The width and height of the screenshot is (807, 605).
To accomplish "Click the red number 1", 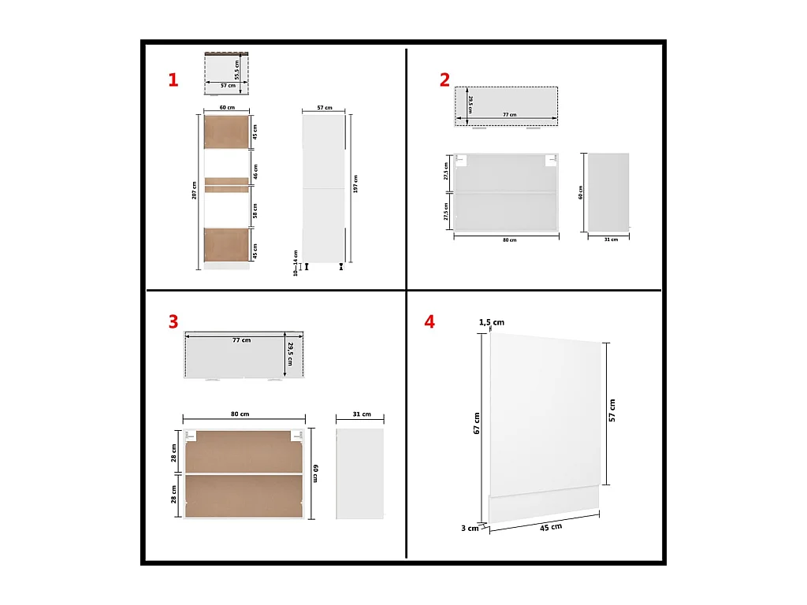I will point(173,80).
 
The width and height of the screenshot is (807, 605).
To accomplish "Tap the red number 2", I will point(445,80).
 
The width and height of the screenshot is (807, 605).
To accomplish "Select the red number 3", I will point(173,321).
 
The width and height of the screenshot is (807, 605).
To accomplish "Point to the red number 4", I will point(429,321).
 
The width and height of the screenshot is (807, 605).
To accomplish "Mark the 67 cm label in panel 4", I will point(476,422).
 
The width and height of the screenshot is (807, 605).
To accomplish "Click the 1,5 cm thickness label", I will point(493,322).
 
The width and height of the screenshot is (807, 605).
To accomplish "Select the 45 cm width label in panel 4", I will point(551,526).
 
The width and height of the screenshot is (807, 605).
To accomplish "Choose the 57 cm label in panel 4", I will point(612,410).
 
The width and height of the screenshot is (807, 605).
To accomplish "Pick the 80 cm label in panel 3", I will point(240,414).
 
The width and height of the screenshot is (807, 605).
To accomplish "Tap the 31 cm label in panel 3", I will point(361,414).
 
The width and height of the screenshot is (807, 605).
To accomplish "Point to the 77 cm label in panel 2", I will point(510,115).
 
